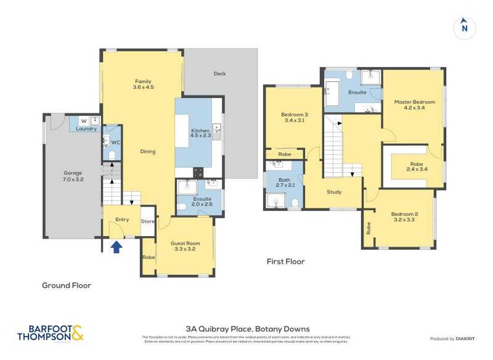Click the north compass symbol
pyautogui.click(x=465, y=27)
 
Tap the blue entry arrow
pyautogui.click(x=116, y=247)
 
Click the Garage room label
pyautogui.click(x=73, y=176)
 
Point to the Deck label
pyautogui.click(x=219, y=73)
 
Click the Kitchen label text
pyautogui.click(x=200, y=134)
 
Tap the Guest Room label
pyautogui.click(x=185, y=247)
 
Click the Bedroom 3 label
pyautogui.click(x=294, y=118)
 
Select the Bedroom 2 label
pyautogui.click(x=404, y=218)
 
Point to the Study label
pyautogui.click(x=334, y=192)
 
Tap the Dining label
pyautogui.click(x=147, y=152)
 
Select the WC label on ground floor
pyautogui.click(x=115, y=142)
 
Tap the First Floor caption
pyautogui.click(x=285, y=261)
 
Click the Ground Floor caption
pyautogui.click(x=66, y=285)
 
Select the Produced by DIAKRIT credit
pyautogui.click(x=455, y=339)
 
